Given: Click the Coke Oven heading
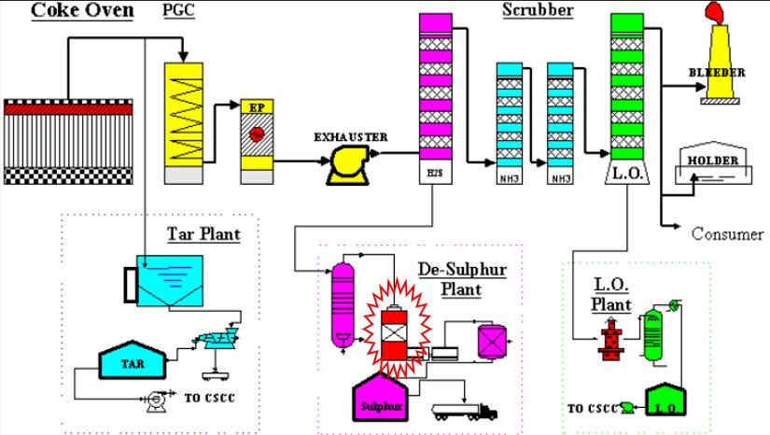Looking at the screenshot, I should (70, 11).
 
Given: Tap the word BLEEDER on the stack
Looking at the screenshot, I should (717, 72).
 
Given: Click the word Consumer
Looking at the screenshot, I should (727, 233).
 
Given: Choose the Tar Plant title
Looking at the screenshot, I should (203, 233).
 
